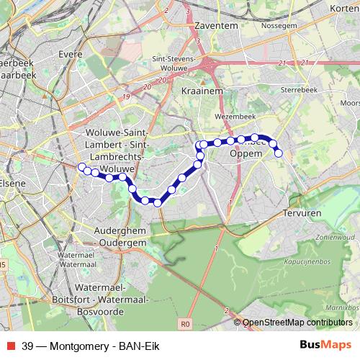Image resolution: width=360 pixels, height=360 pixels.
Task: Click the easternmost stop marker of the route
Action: point(278,152)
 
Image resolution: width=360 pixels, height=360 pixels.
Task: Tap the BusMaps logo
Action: point(320,344)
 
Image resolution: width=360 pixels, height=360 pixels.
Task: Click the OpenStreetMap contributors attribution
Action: point(297,323)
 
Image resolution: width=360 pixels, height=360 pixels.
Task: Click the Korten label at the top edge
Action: point(343,8)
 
